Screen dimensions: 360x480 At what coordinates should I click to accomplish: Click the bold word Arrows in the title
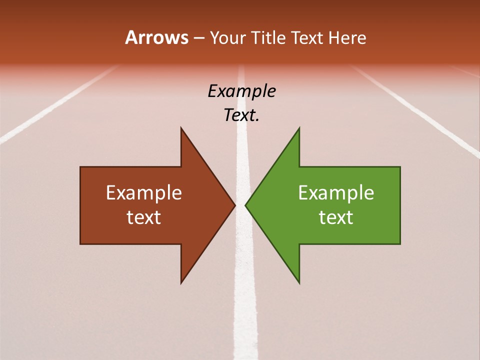(156, 38)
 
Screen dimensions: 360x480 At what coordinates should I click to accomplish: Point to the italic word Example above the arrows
(241, 91)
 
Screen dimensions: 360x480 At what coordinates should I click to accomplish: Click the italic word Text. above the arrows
(241, 115)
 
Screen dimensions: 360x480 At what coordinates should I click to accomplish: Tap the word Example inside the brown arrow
(144, 193)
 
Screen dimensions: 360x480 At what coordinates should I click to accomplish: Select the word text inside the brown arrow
(144, 217)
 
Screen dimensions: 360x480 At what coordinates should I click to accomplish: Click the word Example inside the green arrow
(336, 193)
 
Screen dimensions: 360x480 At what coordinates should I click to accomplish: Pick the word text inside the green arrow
(336, 217)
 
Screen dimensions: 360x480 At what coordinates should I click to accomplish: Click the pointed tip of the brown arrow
(235, 205)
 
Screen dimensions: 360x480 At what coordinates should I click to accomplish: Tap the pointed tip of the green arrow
(245, 205)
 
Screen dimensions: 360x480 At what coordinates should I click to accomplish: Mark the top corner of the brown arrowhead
(181, 128)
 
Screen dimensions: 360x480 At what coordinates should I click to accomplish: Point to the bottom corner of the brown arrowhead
(181, 283)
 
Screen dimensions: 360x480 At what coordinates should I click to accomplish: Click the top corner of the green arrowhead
(299, 128)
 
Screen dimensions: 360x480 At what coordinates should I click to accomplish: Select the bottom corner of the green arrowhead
(299, 283)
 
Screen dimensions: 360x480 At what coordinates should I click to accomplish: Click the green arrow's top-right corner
(400, 167)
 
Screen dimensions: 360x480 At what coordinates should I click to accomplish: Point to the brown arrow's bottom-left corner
(80, 244)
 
